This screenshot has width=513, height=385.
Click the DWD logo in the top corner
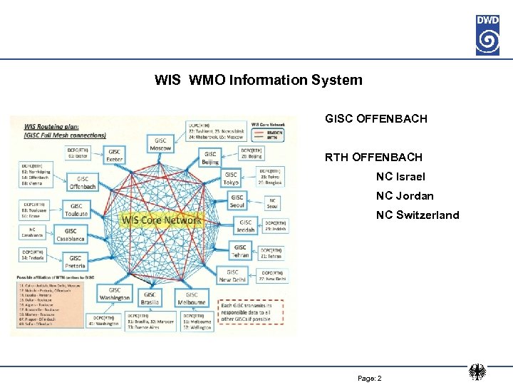point(487,34)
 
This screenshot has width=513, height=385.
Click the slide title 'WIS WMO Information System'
point(258,80)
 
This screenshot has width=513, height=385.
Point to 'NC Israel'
point(400,176)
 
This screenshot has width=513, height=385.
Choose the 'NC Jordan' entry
point(405,195)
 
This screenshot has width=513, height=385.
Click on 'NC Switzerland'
point(418,215)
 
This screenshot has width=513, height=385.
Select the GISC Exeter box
point(114,155)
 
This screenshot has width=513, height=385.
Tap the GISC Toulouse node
point(77,210)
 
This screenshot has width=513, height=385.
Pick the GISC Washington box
point(115,293)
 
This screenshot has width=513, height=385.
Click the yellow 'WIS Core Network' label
point(162,220)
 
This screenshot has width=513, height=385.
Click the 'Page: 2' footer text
point(369,378)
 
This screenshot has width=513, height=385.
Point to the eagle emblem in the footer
point(477,373)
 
